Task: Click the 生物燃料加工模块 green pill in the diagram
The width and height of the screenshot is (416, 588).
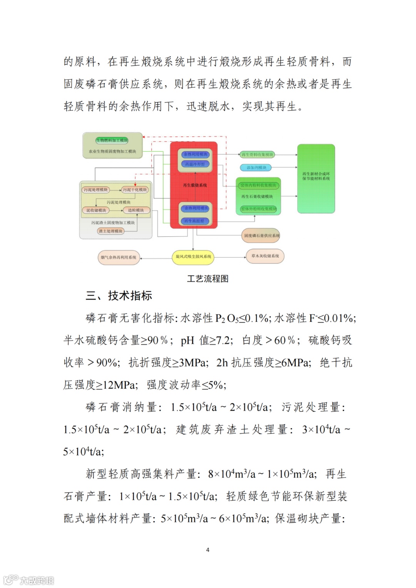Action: click(x=112, y=141)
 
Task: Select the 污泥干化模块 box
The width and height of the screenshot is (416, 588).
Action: click(x=135, y=189)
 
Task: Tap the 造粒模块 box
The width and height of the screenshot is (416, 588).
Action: click(x=136, y=210)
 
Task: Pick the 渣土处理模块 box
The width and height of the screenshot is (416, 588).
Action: click(x=111, y=231)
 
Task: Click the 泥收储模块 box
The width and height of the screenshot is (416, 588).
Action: click(x=96, y=210)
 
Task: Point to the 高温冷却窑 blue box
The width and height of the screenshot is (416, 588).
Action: click(x=195, y=164)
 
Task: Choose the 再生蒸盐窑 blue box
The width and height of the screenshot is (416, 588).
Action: click(x=195, y=221)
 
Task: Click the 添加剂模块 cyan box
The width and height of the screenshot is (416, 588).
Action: click(x=256, y=168)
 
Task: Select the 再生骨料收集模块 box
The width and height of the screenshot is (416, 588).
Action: click(x=257, y=154)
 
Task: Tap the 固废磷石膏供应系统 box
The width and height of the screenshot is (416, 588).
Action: click(x=262, y=235)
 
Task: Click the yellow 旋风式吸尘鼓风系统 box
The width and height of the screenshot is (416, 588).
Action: click(x=193, y=256)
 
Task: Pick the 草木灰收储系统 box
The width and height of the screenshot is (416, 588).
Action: click(x=265, y=256)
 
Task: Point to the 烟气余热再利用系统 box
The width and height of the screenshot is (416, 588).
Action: click(x=118, y=257)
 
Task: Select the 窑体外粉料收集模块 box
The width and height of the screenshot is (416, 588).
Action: click(x=258, y=209)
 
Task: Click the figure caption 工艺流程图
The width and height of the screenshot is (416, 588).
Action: click(x=208, y=278)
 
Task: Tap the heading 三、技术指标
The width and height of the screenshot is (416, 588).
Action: click(x=119, y=296)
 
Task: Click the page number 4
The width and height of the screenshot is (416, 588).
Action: click(x=208, y=550)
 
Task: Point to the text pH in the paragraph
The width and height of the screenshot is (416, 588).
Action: click(x=187, y=340)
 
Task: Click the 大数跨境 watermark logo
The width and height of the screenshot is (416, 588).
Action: click(x=29, y=580)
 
